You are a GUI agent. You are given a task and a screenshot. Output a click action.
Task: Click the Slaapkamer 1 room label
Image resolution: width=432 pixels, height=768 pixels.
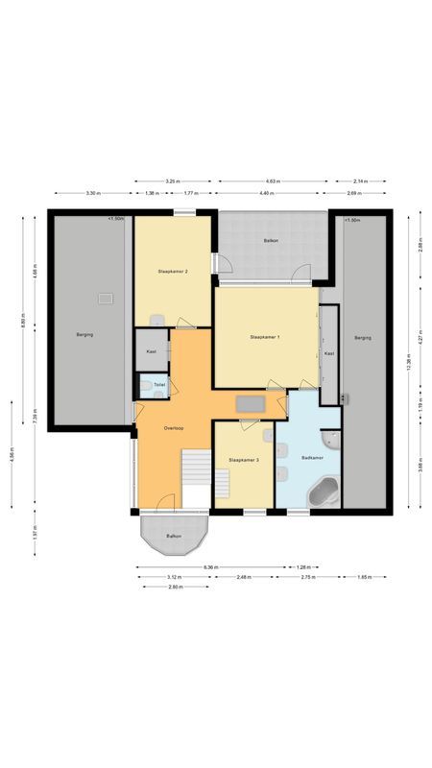coord(264,337)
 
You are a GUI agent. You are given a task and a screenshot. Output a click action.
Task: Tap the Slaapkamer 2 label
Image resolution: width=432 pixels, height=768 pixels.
coord(172,272)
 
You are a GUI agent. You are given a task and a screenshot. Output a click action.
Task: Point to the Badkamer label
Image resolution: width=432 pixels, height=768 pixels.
coord(312,459)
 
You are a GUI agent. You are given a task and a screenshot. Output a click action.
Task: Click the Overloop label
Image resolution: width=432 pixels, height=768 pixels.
coord(174,427)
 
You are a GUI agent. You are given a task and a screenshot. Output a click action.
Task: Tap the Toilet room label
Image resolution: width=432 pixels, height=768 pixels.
coord(159,385)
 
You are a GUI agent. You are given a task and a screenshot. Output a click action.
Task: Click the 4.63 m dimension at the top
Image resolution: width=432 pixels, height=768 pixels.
coord(272,180)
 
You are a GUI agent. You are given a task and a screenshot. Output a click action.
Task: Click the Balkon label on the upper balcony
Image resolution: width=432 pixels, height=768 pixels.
coord(272,240)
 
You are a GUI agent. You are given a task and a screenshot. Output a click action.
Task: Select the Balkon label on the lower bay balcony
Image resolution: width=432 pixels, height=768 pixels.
coord(174,536)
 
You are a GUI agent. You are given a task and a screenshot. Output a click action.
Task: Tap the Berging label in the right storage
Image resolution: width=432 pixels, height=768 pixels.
coord(362,337)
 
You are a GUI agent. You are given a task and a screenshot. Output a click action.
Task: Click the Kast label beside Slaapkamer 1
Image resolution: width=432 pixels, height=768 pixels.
coord(328,353)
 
